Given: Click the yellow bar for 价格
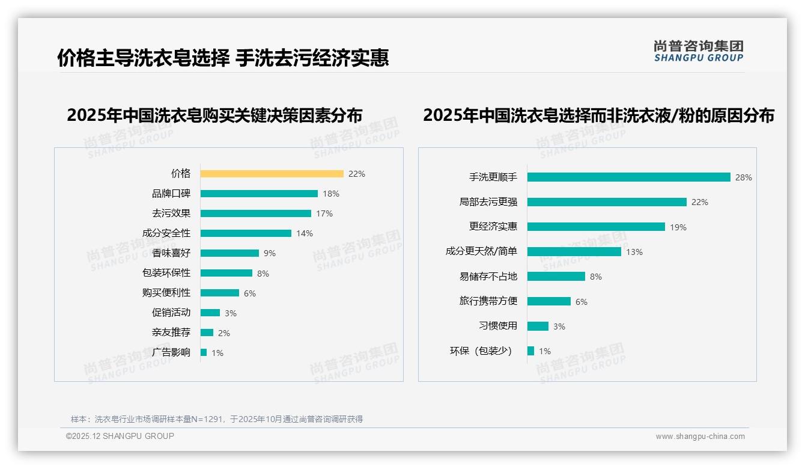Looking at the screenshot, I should pyautogui.click(x=272, y=174).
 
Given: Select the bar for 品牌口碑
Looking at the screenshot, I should pyautogui.click(x=259, y=194).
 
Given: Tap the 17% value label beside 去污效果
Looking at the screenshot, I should pyautogui.click(x=324, y=213).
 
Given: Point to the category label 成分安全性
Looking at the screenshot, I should pyautogui.click(x=166, y=233).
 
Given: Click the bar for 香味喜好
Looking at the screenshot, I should pyautogui.click(x=229, y=253).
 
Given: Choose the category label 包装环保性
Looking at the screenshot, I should pyautogui.click(x=166, y=273).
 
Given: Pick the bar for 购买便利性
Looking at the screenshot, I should pyautogui.click(x=220, y=293).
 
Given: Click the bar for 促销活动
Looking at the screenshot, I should pyautogui.click(x=210, y=313).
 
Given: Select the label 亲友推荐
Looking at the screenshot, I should pyautogui.click(x=171, y=333).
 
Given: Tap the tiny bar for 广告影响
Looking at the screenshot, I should pyautogui.click(x=204, y=352).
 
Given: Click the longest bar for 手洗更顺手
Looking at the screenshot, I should pyautogui.click(x=629, y=177).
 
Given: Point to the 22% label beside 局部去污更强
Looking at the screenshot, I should pyautogui.click(x=700, y=203).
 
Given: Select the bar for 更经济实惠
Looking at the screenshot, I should pyautogui.click(x=596, y=227).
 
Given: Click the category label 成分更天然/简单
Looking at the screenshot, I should pyautogui.click(x=481, y=251).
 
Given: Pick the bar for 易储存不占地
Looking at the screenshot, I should pyautogui.click(x=556, y=277).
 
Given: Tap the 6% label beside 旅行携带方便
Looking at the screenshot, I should pyautogui.click(x=582, y=302).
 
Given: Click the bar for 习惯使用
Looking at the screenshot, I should pyautogui.click(x=538, y=326).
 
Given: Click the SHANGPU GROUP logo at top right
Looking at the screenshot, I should pyautogui.click(x=699, y=51).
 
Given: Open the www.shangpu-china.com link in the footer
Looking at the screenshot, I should pyautogui.click(x=700, y=437).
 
